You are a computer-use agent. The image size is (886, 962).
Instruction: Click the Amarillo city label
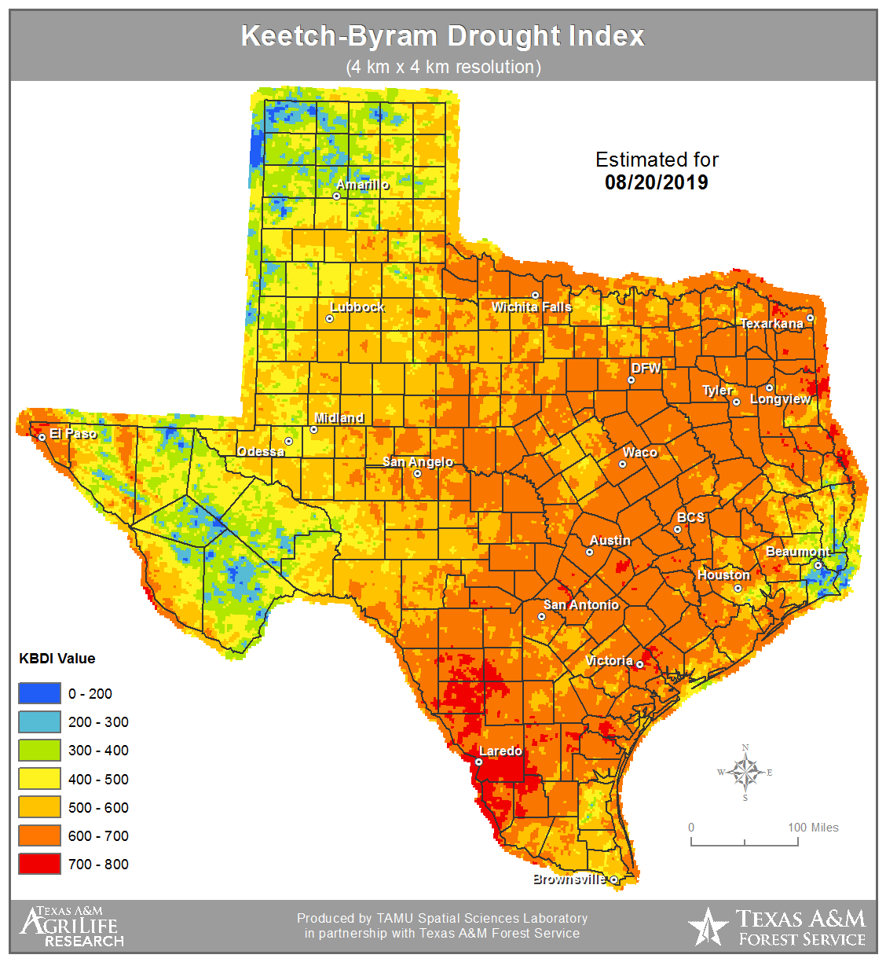[x=362, y=185]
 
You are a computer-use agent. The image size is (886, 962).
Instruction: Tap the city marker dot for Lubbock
[x=330, y=319]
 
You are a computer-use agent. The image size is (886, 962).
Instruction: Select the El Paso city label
[x=73, y=434]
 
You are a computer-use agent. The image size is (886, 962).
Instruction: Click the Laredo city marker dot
[x=479, y=762]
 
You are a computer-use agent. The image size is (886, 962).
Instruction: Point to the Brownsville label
[x=569, y=879]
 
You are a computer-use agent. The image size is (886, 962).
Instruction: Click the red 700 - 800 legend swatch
[x=39, y=864]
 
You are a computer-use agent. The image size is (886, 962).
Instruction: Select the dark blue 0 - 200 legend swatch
[x=39, y=693]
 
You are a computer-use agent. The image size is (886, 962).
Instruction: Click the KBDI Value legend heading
[x=57, y=659]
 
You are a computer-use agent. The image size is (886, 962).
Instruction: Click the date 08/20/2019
[x=656, y=182]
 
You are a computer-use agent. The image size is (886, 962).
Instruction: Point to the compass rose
[x=745, y=772]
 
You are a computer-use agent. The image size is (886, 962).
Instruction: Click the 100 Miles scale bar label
[x=813, y=828]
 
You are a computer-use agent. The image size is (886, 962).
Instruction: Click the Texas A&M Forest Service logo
[x=777, y=927]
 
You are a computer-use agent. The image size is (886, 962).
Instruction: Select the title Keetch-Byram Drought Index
[x=442, y=36]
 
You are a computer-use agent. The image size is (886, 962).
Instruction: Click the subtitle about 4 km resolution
[x=443, y=67]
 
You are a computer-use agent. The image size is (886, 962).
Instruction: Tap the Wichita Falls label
[x=532, y=307]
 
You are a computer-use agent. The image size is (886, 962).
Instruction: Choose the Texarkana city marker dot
[x=811, y=319]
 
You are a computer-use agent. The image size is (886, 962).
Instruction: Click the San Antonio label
[x=581, y=604]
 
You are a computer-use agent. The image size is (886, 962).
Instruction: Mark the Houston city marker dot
[x=738, y=589]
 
